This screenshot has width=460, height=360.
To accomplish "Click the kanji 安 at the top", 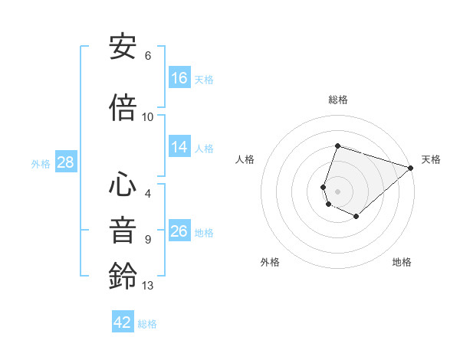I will (123, 47).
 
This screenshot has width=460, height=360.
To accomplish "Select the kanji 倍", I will (123, 107).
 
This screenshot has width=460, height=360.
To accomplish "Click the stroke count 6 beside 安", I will (148, 56).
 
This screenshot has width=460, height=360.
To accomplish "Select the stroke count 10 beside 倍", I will (148, 117).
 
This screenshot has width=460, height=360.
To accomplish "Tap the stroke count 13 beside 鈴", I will (148, 286).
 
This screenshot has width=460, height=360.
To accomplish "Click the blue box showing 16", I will (179, 77).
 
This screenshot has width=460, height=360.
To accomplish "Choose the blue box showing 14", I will (179, 147).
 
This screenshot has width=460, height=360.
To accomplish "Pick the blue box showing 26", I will (179, 231).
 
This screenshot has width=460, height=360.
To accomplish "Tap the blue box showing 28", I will (65, 162).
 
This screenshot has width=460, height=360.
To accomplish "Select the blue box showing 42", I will (123, 322).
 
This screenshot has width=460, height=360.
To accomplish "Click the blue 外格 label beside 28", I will (41, 163).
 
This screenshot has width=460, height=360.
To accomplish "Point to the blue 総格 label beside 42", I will (147, 324).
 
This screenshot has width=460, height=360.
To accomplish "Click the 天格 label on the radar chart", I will (431, 159).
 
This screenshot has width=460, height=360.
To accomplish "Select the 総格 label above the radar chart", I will (338, 100).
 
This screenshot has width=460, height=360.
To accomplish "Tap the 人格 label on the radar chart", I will (245, 159).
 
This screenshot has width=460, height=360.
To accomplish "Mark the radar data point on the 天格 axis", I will (411, 168).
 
